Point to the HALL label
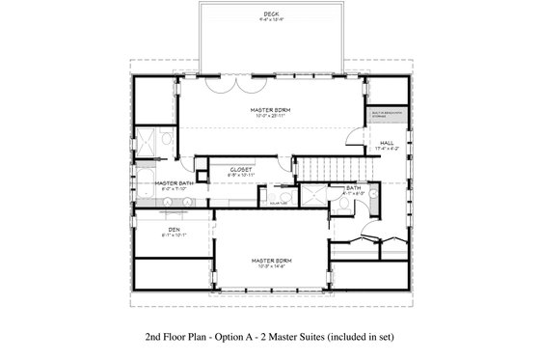(x=386, y=143)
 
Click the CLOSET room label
(x=240, y=168)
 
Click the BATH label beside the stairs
(x=339, y=187)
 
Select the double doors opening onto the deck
(x=229, y=86)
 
